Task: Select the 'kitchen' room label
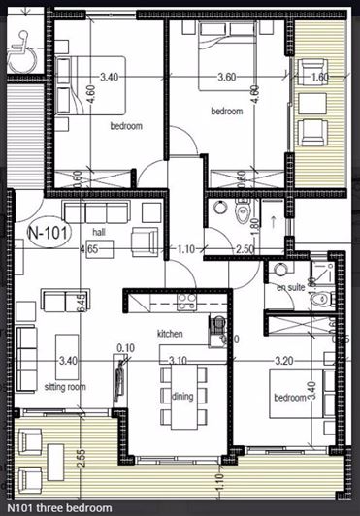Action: (x=171, y=334)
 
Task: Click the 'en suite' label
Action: (x=290, y=288)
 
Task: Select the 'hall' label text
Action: (x=98, y=233)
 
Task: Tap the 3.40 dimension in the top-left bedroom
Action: (x=110, y=76)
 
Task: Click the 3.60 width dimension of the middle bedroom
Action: (x=227, y=76)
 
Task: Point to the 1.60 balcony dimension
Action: (x=318, y=77)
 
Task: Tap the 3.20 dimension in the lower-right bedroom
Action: (x=283, y=360)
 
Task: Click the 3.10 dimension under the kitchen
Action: (x=179, y=360)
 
